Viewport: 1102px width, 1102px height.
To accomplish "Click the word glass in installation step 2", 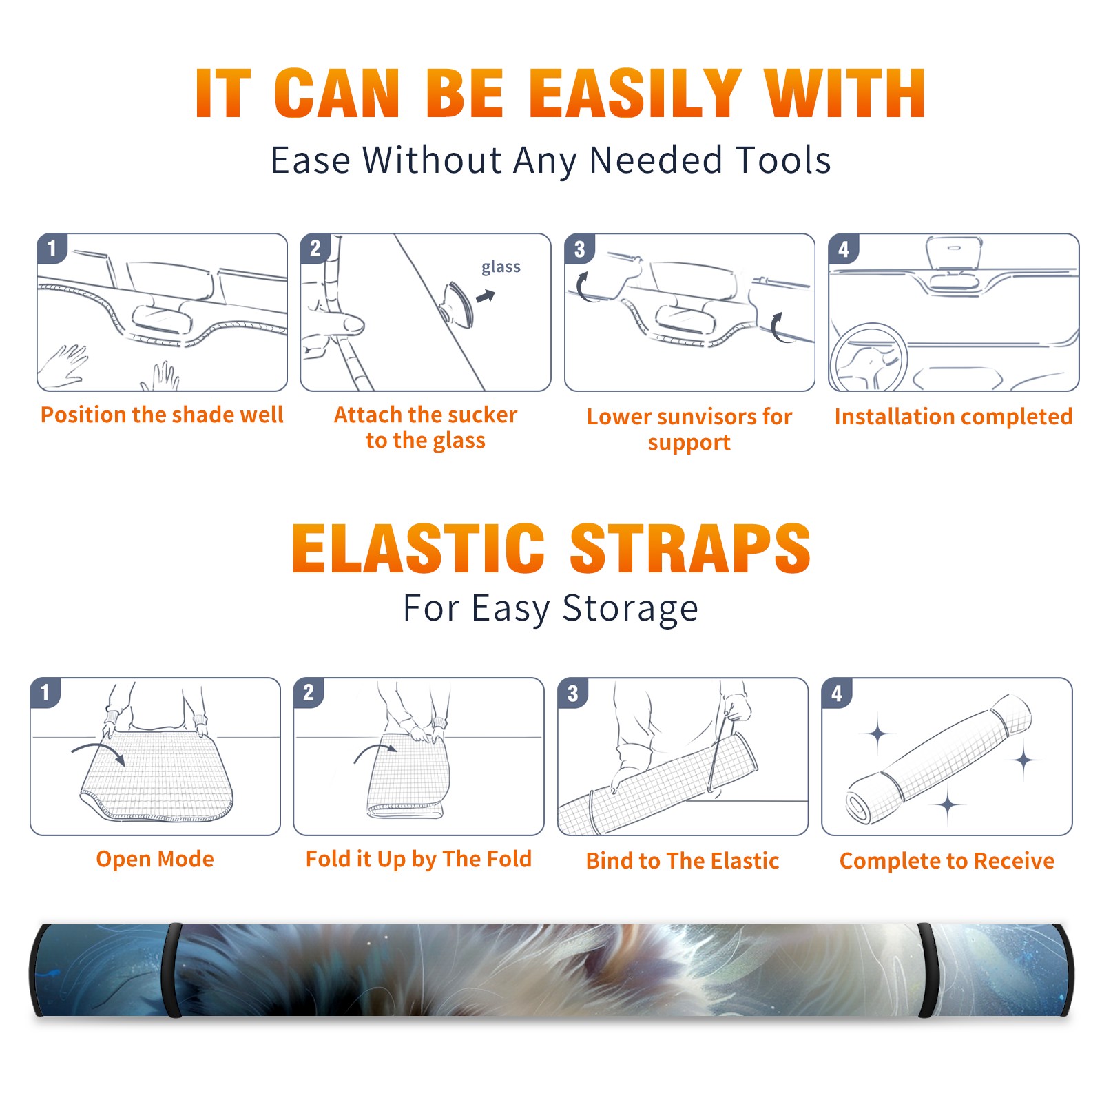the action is pos(501,267).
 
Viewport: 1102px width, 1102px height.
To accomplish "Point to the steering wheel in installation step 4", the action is pos(869,357).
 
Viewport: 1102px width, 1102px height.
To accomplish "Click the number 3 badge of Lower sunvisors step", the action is pos(579,249).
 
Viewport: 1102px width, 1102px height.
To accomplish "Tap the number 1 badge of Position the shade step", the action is pos(52,247).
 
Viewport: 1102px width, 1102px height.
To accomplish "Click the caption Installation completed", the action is pos(953,417).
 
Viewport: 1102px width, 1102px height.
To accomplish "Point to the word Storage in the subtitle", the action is pos(630,610).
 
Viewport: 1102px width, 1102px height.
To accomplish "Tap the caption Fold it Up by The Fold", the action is pos(419,859).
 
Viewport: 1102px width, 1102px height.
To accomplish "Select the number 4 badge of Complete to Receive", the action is pos(837,693).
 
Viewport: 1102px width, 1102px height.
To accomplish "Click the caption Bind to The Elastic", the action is pos(683,861).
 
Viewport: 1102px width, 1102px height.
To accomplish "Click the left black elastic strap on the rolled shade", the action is pos(174,970).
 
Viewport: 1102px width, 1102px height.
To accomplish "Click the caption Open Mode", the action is pos(155,859).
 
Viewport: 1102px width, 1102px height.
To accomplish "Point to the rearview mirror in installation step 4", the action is pos(953,253).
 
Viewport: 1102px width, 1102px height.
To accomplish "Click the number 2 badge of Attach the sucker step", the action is pos(315,248).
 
